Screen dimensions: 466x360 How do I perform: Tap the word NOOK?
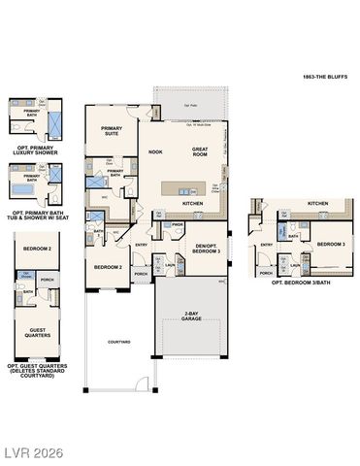[x=155, y=152]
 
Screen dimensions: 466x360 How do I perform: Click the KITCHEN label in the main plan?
[x=192, y=204]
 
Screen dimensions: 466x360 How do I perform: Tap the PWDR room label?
[x=178, y=225]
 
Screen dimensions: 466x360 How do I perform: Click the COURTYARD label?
[x=118, y=342]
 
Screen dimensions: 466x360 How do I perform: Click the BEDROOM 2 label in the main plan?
[x=107, y=265]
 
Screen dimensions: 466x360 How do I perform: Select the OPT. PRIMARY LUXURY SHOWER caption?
[x=35, y=150]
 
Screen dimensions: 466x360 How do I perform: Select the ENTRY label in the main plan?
[x=142, y=244]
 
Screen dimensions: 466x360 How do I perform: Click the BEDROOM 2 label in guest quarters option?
[x=36, y=249]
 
